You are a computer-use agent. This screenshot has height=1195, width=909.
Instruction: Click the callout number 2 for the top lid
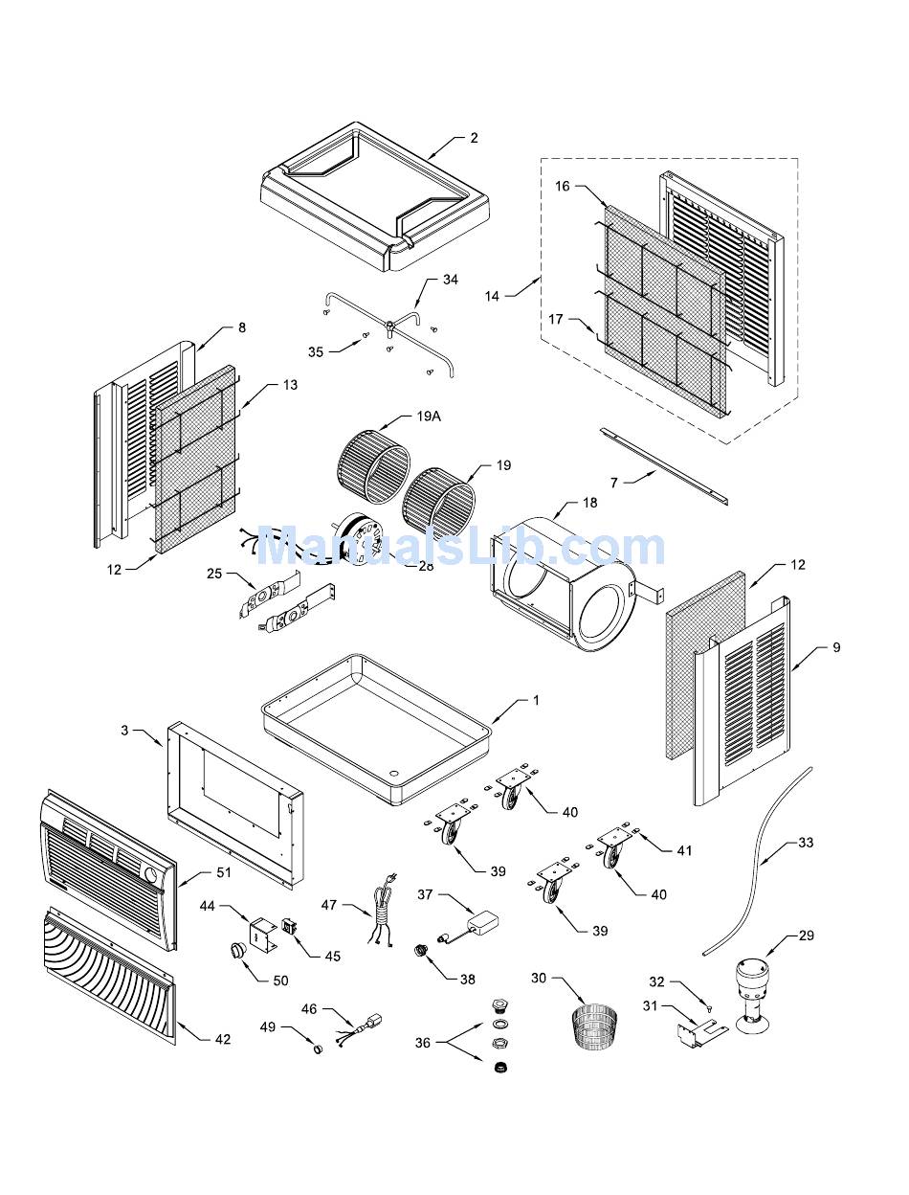coord(474,138)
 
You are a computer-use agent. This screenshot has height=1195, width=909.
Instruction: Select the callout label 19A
coord(429,417)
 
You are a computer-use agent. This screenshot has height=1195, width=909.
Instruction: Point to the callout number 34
coord(450,280)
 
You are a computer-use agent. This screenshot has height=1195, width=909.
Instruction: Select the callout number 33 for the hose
coord(806,843)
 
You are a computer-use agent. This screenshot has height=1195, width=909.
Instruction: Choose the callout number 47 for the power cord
coord(329,904)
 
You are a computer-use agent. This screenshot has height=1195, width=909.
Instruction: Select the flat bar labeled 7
coord(664,466)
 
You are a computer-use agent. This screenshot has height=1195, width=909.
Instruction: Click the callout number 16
coord(562,186)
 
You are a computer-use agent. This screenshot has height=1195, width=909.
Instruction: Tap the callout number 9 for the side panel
coord(836,647)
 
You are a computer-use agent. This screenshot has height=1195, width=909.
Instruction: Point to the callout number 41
coord(684,850)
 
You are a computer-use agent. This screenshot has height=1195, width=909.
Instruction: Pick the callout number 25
coord(214,574)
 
